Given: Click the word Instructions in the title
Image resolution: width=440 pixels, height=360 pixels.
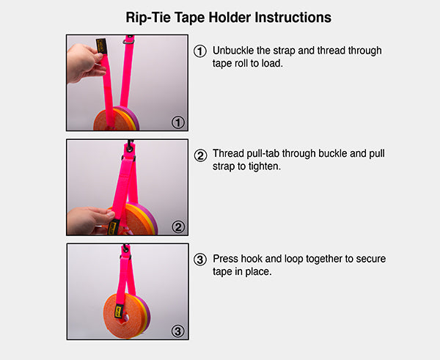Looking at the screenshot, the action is [x=293, y=18].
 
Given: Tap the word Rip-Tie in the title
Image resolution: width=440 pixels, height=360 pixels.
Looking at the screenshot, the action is [x=148, y=18].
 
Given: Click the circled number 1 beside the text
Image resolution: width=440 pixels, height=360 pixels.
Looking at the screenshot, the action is [x=200, y=51].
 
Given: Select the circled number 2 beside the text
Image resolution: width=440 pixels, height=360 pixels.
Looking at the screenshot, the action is [x=200, y=155].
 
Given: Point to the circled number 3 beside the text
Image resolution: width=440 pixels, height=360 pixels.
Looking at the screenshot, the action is [x=200, y=260].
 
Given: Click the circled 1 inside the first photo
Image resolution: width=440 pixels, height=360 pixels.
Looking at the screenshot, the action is [x=178, y=122].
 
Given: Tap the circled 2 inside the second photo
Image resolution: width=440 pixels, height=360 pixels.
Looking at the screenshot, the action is [x=178, y=227].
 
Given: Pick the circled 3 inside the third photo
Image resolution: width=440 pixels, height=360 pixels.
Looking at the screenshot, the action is [x=178, y=331].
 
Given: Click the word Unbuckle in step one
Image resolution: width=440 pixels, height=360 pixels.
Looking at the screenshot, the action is [x=233, y=51].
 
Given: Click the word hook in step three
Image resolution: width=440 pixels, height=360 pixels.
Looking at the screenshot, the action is [x=252, y=259].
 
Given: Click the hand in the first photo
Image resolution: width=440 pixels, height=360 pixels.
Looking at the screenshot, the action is [x=84, y=63].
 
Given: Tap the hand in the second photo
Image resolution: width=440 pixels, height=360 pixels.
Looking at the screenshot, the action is [x=89, y=221].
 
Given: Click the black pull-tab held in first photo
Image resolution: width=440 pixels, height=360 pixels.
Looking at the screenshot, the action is [x=102, y=46].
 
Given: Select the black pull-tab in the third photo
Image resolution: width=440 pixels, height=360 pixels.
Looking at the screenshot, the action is [x=119, y=312].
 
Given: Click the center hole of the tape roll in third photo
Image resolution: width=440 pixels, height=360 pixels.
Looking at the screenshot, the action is [x=126, y=318].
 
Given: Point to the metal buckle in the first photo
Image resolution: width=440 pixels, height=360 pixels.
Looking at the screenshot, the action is [x=128, y=42].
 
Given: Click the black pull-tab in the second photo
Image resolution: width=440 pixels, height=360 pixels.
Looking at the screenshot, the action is [x=114, y=227].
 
